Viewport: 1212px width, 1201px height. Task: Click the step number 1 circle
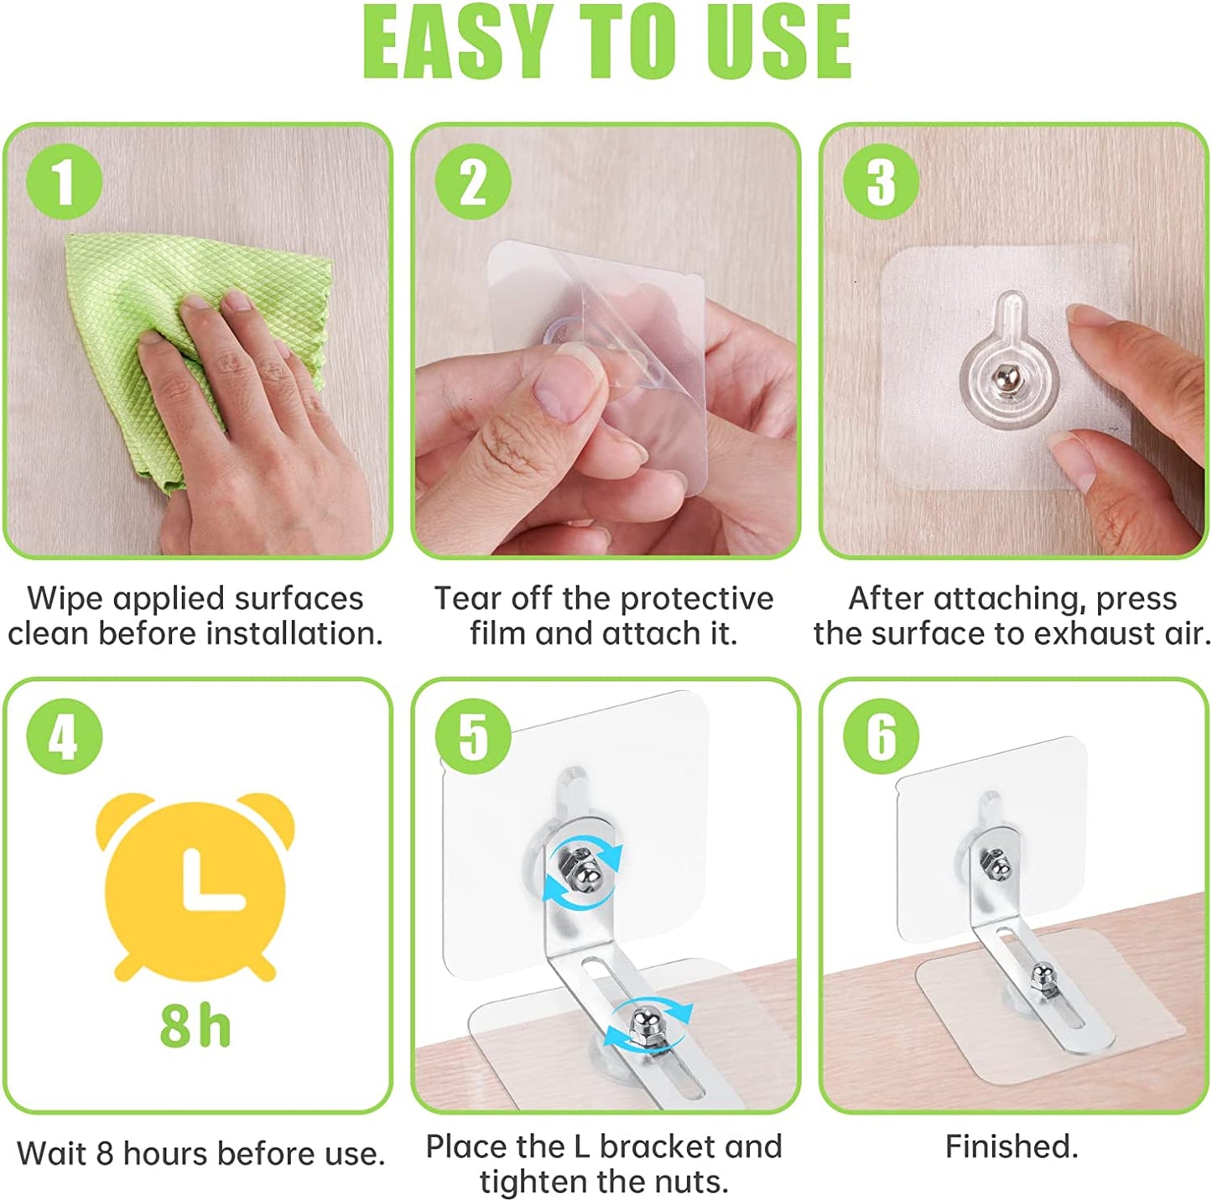click(64, 181)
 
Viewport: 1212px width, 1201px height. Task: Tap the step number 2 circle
click(473, 181)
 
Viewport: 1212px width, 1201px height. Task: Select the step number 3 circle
click(882, 181)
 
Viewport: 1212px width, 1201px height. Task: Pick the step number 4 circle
click(64, 736)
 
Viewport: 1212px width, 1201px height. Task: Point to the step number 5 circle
click(473, 736)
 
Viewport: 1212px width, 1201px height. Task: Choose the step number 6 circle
click(882, 736)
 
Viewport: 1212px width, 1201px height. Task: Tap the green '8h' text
click(195, 1026)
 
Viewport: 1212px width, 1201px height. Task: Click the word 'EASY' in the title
click(460, 43)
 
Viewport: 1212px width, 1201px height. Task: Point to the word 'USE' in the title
click(778, 43)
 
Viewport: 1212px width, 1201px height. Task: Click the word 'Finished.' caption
click(1012, 1146)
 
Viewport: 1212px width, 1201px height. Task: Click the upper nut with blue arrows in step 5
click(583, 869)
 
